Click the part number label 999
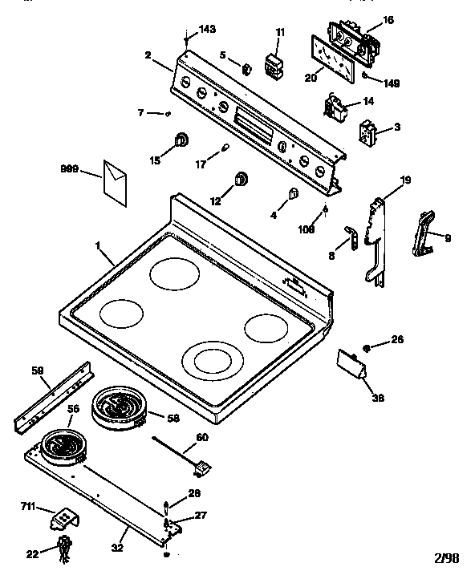click(70, 169)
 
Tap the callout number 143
click(207, 29)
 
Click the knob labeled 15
click(182, 141)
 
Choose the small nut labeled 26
click(366, 347)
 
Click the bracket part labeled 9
click(424, 236)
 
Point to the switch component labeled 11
click(275, 64)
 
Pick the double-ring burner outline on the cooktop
click(214, 358)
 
